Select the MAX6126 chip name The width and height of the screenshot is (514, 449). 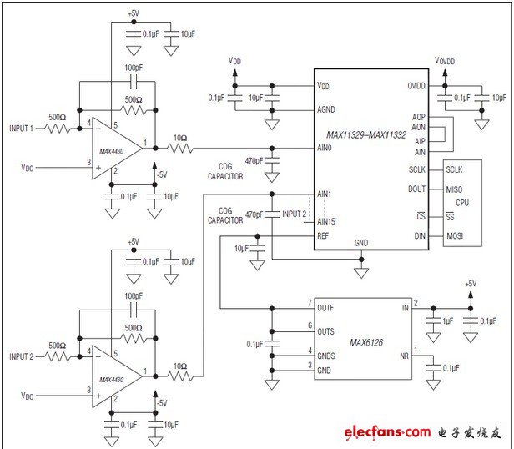365,342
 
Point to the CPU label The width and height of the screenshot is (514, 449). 461,203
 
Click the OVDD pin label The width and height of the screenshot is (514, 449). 417,86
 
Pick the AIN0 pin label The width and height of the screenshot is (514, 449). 325,148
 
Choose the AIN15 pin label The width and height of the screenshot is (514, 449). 327,221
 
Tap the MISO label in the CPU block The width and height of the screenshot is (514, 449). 455,189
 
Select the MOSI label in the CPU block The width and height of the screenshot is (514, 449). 455,236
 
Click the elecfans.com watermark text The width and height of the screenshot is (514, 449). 385,432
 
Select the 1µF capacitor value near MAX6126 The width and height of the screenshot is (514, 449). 447,321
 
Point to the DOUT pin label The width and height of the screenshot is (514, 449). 416,189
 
